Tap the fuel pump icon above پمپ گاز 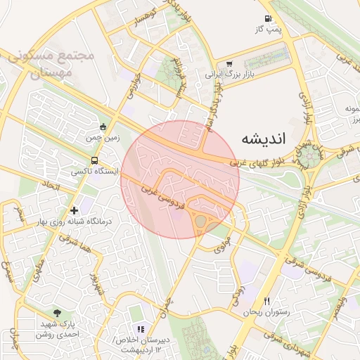[267, 18]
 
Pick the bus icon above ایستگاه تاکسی [85, 161]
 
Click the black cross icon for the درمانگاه [74, 210]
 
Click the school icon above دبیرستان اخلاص [141, 328]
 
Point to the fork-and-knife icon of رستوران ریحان [266, 301]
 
